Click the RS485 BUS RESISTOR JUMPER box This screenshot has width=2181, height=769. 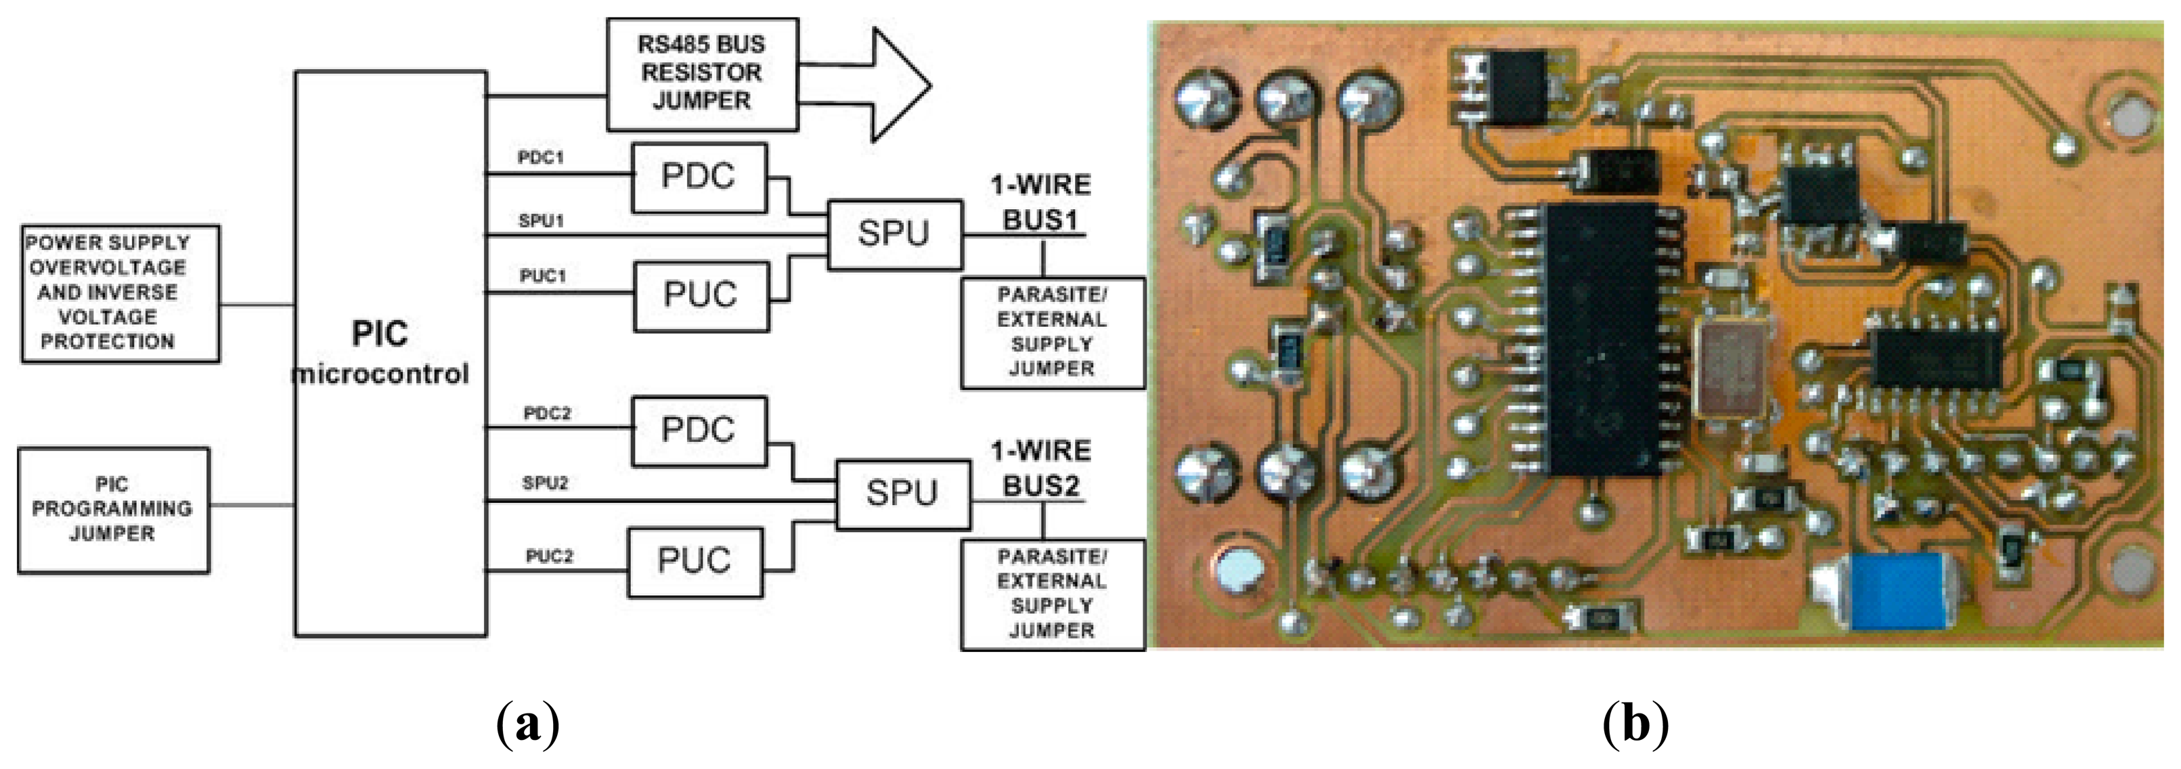[702, 74]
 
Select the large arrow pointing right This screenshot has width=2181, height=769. [881, 85]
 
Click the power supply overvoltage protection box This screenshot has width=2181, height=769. [120, 293]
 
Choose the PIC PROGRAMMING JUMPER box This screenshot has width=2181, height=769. [114, 510]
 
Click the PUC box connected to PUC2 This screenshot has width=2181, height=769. [695, 561]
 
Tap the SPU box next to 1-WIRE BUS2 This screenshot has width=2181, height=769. [902, 495]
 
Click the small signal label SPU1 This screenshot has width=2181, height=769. [541, 221]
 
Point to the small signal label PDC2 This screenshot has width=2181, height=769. [547, 414]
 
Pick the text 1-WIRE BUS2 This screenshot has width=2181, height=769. [1041, 468]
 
